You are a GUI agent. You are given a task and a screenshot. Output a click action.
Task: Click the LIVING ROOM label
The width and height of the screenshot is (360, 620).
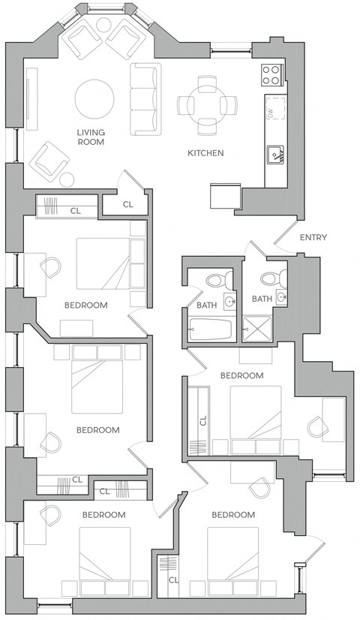(x=90, y=137)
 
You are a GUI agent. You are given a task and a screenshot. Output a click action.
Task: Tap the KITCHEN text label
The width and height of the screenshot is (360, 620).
(x=205, y=153)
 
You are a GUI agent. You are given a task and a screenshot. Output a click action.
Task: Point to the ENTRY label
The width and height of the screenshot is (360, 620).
(x=313, y=238)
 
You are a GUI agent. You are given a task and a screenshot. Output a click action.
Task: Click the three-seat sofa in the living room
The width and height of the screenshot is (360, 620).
(x=145, y=99)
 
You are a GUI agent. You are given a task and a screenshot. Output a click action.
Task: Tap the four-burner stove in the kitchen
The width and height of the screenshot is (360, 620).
(x=271, y=74)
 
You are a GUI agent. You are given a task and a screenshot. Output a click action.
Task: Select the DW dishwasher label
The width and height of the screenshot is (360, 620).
(x=269, y=113)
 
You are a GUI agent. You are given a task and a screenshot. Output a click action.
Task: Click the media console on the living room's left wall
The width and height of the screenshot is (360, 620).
(x=31, y=94)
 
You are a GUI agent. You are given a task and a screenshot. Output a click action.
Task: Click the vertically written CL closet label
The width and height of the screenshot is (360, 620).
(x=202, y=421)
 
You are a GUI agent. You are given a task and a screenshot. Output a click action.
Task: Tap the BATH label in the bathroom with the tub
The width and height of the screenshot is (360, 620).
(x=206, y=305)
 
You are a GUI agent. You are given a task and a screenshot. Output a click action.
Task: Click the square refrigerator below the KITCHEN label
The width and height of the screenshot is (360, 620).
(x=225, y=197)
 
